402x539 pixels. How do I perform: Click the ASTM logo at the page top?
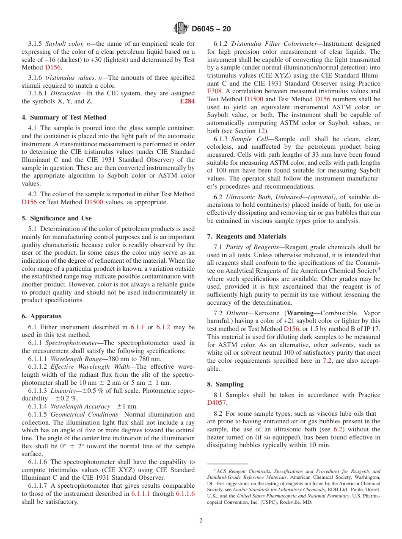tap(181, 29)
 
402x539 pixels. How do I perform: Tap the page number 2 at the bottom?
tap(201, 521)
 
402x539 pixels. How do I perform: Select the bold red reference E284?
tap(187, 101)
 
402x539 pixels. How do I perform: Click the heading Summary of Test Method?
tap(68, 117)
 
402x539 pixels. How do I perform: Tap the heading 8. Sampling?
tap(226, 384)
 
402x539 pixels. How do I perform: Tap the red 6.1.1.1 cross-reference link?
tap(140, 494)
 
